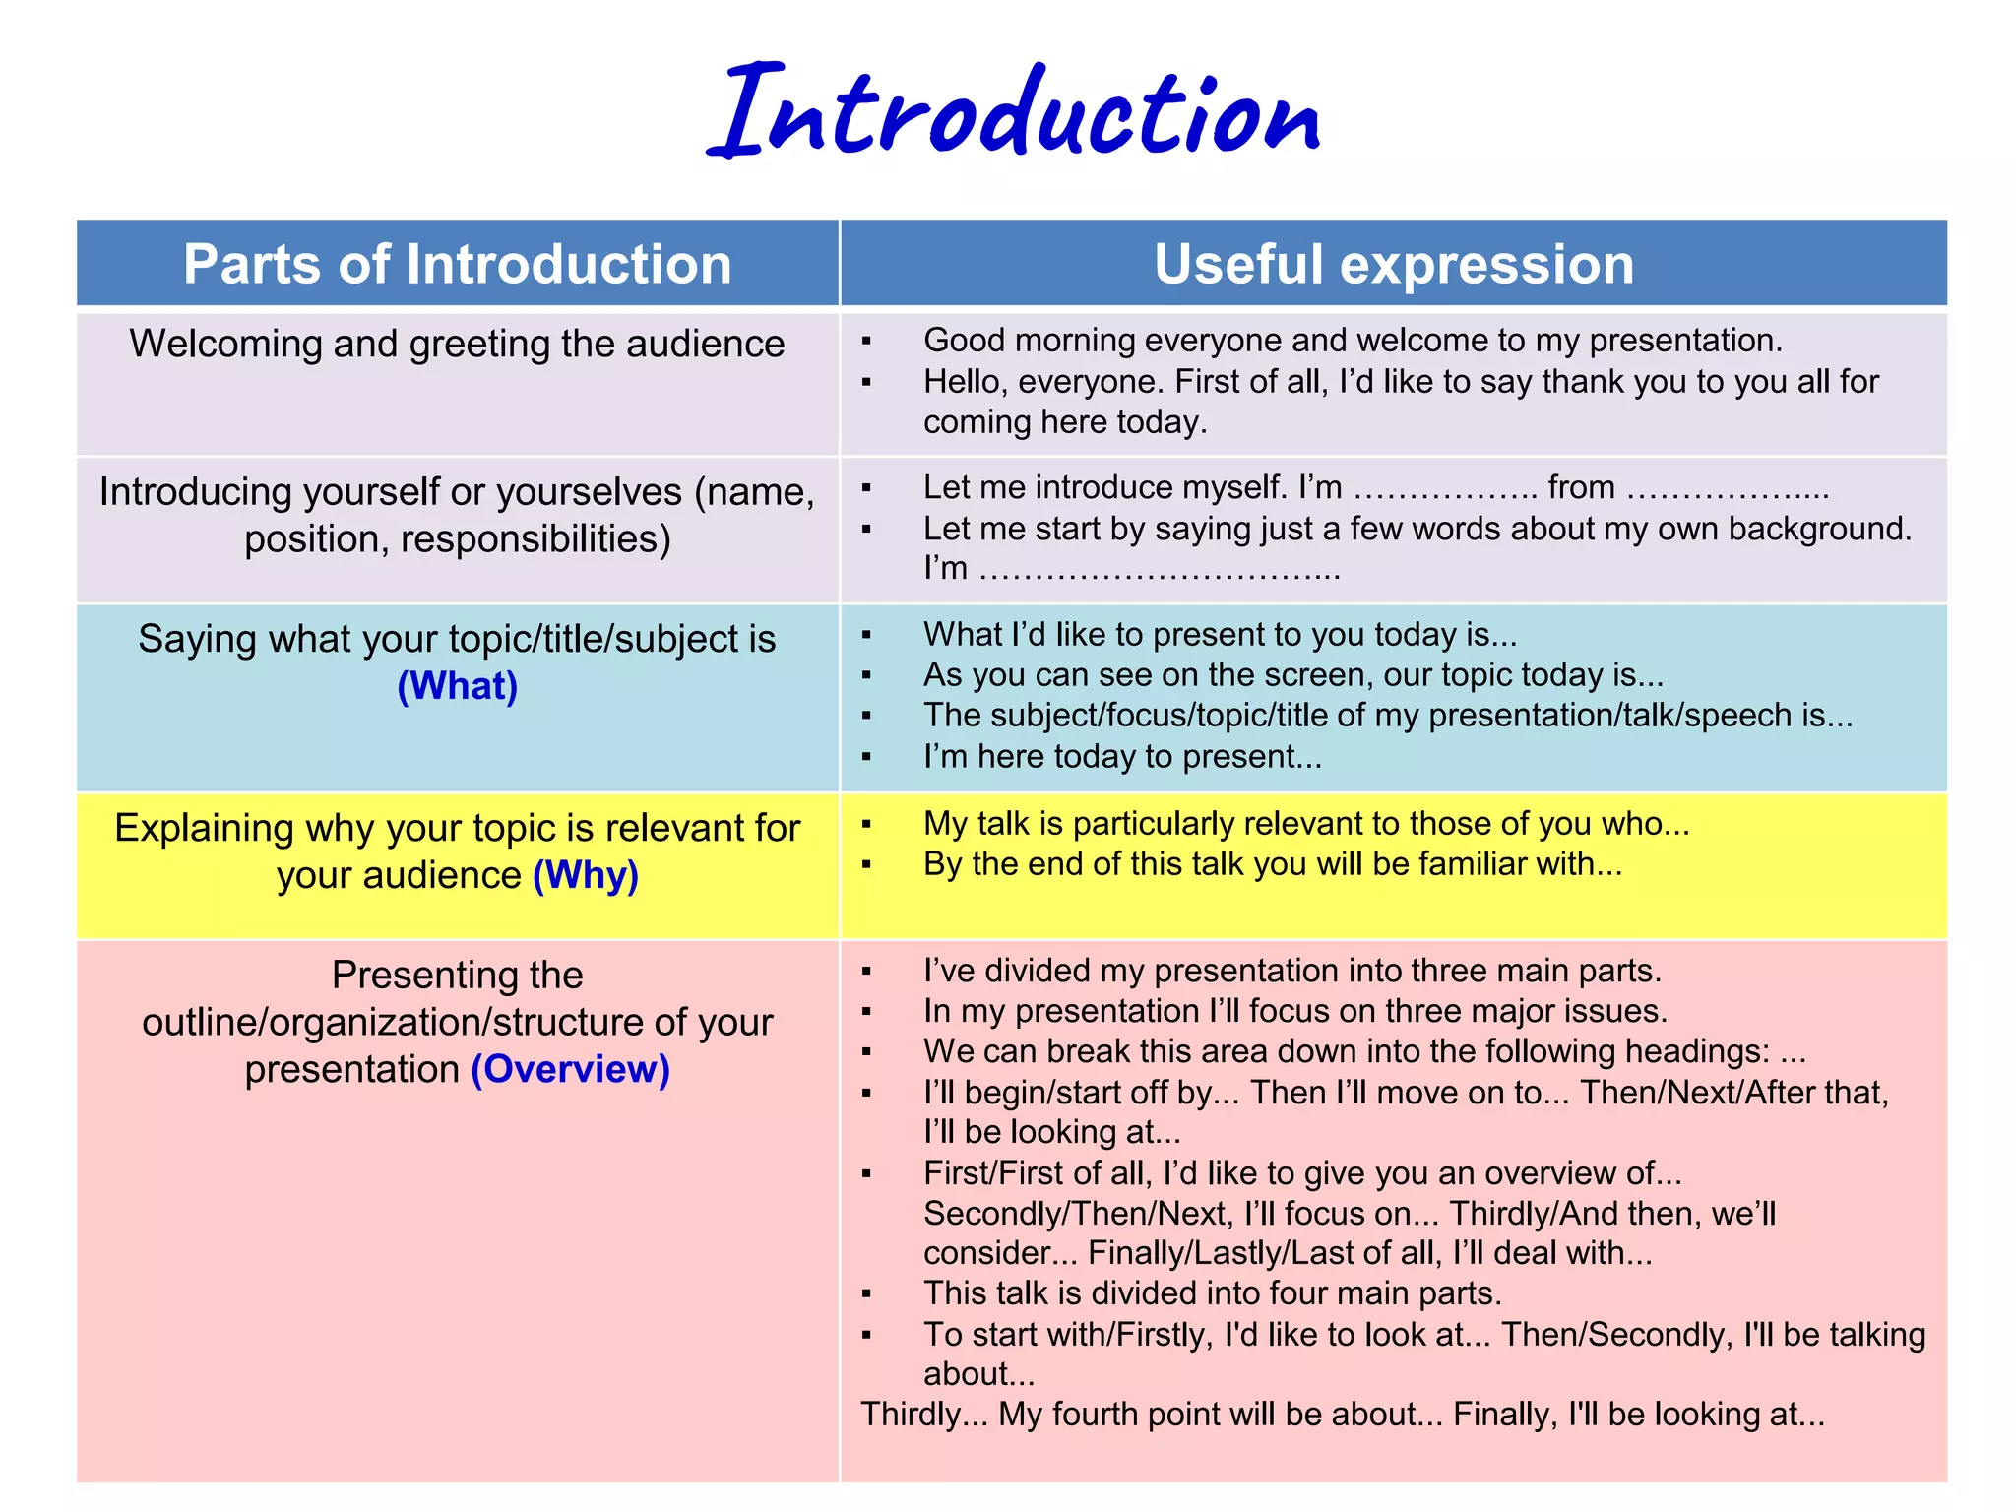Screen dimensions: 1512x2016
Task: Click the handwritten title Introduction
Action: (x=1014, y=113)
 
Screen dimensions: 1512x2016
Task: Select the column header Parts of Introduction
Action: (x=458, y=264)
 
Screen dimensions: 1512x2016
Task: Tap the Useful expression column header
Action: (x=1394, y=264)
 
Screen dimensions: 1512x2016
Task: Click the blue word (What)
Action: (x=458, y=686)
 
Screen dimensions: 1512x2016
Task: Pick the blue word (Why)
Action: (x=586, y=875)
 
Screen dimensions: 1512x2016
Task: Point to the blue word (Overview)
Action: (x=571, y=1069)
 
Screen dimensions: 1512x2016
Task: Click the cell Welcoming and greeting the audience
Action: (x=458, y=344)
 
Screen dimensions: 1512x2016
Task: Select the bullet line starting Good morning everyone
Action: (x=1353, y=341)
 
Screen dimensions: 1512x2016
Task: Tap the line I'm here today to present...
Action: (x=1122, y=756)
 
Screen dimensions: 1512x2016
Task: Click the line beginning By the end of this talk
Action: (x=1272, y=864)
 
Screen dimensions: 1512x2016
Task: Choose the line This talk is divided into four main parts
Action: (x=1213, y=1292)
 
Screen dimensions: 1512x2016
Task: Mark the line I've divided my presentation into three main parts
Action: (x=1291, y=971)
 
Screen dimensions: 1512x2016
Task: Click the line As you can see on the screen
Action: (x=1292, y=675)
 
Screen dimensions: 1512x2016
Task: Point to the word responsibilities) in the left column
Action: (x=535, y=539)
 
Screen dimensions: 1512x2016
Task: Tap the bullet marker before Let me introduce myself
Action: (x=866, y=488)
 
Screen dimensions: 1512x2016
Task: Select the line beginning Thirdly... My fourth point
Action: (x=1343, y=1415)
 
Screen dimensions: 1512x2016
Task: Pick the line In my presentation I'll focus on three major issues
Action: (x=1294, y=1011)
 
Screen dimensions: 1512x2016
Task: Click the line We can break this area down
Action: (x=1364, y=1051)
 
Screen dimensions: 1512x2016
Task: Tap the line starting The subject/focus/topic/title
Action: (x=1388, y=716)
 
